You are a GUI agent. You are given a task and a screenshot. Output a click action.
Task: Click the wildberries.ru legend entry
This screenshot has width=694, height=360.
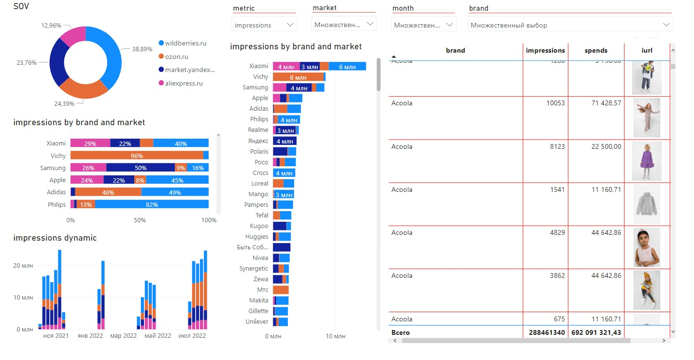point(185,43)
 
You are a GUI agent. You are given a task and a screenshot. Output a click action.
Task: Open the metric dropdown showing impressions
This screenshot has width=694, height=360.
point(264,25)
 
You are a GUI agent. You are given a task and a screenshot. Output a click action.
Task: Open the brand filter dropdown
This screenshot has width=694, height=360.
point(570,25)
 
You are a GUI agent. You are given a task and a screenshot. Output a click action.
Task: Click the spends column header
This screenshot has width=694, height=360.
point(596,50)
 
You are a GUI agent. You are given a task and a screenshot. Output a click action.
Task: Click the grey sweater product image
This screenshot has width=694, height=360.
point(646,204)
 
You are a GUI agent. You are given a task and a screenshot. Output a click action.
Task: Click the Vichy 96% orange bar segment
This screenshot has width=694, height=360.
point(137,156)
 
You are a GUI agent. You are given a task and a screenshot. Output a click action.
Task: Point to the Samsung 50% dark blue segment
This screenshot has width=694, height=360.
point(141,168)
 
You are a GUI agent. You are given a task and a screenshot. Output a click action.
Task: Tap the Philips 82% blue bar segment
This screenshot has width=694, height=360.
point(152,204)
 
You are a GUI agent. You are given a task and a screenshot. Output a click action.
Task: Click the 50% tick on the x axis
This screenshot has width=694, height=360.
point(140,220)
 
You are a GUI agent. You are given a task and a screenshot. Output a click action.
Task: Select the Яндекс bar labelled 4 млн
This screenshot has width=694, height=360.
point(284,141)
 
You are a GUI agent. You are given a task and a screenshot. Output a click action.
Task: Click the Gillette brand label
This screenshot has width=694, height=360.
point(258,311)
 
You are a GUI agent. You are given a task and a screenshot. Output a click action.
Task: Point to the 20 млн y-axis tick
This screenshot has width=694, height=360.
point(24,266)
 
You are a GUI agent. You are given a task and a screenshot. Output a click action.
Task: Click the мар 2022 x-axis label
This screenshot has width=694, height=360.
point(123,336)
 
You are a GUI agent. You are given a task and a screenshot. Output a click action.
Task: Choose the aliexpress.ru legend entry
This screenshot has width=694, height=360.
point(184,83)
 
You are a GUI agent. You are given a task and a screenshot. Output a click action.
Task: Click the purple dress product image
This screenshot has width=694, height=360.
point(646,160)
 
